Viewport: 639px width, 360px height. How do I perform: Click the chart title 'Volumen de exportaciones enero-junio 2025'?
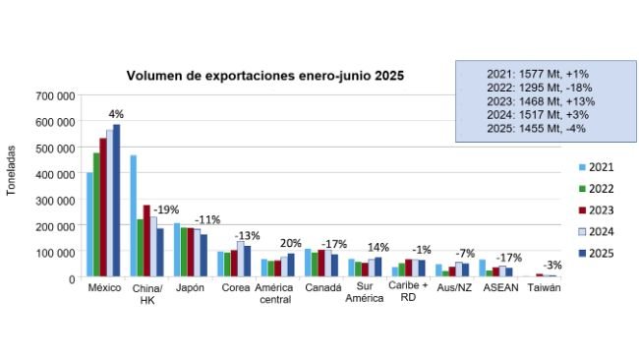tap(264, 75)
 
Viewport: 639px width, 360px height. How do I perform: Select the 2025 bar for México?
tap(117, 202)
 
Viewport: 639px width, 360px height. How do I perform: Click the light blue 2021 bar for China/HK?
tap(133, 216)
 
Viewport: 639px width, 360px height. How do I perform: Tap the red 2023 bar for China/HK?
tap(146, 242)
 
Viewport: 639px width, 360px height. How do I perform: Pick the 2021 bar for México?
tap(90, 225)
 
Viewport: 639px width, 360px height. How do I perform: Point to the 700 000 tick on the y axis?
tap(57, 96)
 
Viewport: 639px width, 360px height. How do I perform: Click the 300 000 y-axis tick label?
tap(57, 201)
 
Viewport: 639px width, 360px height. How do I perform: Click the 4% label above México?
tap(116, 114)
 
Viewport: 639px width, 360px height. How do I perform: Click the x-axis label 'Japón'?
tap(189, 288)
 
